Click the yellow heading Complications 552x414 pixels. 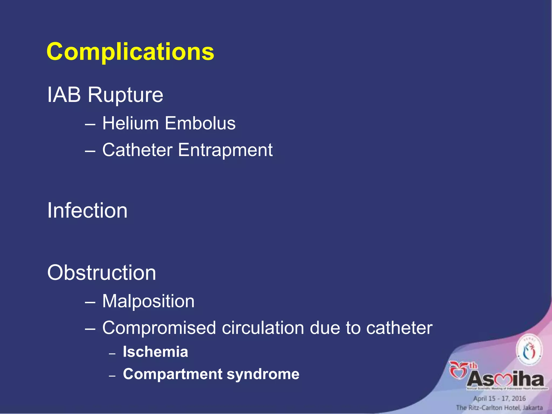coord(130,52)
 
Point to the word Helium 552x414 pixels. coord(130,123)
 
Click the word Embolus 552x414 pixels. coord(200,123)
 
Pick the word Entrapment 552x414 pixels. coord(225,150)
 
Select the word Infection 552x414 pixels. coord(87,211)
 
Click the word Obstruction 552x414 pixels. coord(102,272)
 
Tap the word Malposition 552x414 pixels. coord(148,301)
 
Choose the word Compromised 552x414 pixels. coord(159,328)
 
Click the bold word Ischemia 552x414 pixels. coord(155,352)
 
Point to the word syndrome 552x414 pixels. coord(263,374)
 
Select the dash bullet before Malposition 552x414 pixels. coord(90,302)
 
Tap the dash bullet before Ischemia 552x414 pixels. coord(112,353)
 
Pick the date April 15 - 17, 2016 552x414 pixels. coord(499,398)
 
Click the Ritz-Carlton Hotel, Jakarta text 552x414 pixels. coord(499,408)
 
